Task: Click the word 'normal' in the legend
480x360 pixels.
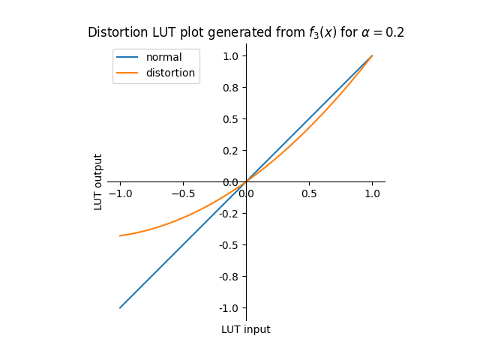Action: pos(163,58)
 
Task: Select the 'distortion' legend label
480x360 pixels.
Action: pos(170,73)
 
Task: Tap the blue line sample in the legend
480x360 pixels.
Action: pos(127,58)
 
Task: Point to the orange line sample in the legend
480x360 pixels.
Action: pos(127,73)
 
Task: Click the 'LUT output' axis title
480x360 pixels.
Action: pos(98,181)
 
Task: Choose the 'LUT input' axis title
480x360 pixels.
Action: pos(245,329)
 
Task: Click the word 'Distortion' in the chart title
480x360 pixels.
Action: pos(113,33)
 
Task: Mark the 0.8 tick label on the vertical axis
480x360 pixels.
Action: pos(230,88)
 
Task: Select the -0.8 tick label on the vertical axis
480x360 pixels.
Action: pos(229,277)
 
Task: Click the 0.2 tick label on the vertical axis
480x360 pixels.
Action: pos(230,151)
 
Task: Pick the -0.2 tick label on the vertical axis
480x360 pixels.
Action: pos(229,214)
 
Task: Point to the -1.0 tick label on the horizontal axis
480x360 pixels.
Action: pos(120,193)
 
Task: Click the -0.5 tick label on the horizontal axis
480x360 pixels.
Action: pos(183,193)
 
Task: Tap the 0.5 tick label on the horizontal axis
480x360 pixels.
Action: pos(309,193)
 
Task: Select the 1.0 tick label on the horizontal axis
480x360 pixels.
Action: pos(372,193)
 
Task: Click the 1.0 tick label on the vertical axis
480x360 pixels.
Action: pos(230,56)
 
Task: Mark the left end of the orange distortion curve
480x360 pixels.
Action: pos(120,235)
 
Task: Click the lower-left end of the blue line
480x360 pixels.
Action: pos(120,307)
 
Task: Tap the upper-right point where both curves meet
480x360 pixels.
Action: pos(372,55)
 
